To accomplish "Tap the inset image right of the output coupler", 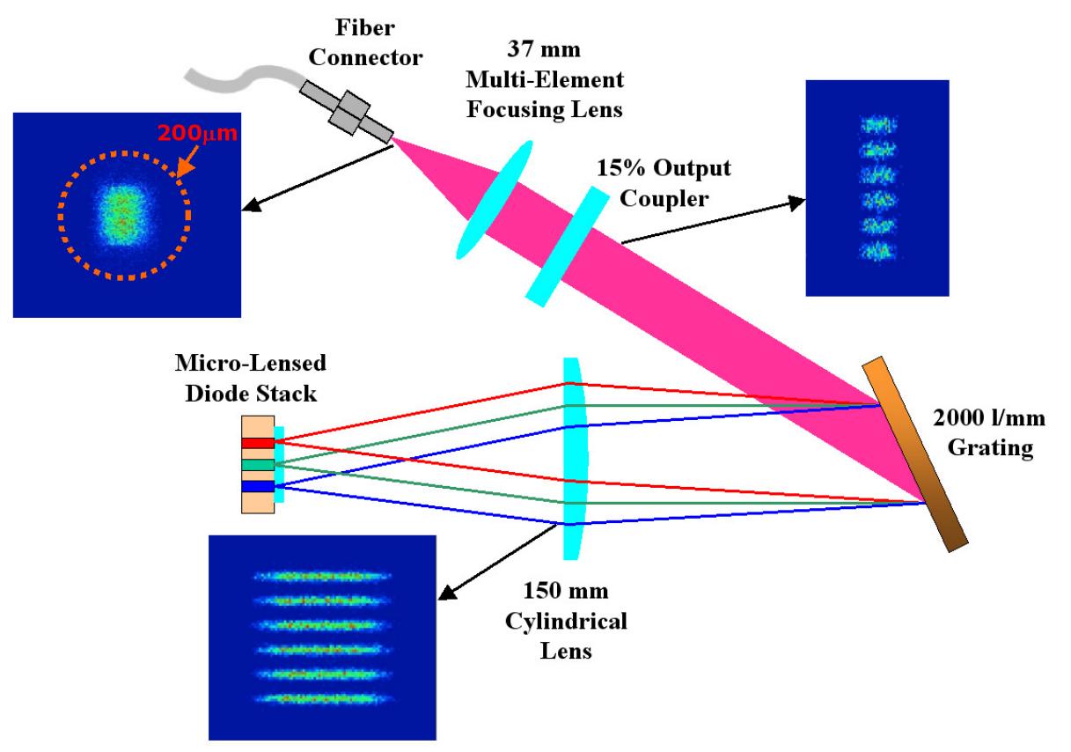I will tap(877, 188).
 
